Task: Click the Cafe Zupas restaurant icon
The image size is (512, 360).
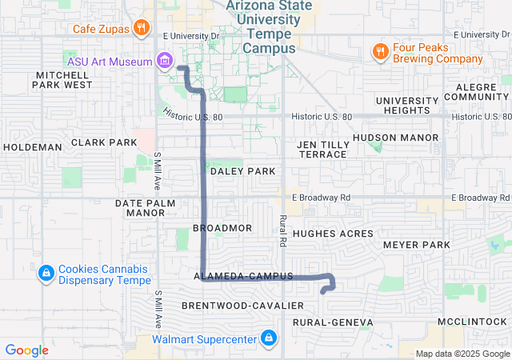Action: point(142,28)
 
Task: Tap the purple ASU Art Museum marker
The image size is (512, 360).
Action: point(166,60)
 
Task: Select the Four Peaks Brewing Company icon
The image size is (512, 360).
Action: point(380,52)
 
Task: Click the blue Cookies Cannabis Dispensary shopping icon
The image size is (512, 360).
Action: point(46,274)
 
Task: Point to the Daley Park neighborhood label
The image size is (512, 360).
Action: point(242,171)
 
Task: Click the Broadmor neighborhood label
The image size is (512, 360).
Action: point(222,228)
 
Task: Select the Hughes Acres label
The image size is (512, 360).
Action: point(333,234)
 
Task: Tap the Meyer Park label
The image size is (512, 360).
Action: point(417,244)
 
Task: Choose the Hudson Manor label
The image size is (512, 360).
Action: point(395,138)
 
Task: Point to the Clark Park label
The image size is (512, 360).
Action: point(104,142)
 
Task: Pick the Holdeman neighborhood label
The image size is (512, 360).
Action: point(32,147)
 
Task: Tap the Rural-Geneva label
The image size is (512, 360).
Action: point(333,322)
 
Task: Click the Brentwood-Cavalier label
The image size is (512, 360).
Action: point(242,306)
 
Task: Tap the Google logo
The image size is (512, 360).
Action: point(27,350)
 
